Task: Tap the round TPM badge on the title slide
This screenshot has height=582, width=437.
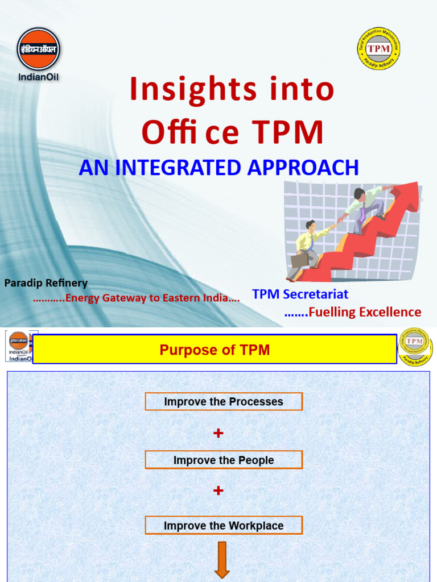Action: pos(378,48)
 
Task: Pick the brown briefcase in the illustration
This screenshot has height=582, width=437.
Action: pos(299,262)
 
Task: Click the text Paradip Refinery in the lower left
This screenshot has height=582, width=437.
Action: pos(46,283)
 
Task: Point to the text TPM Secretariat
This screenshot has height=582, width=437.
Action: pos(300,294)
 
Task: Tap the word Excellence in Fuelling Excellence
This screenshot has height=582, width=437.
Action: pos(389,312)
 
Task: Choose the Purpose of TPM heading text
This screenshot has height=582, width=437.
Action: pos(215,350)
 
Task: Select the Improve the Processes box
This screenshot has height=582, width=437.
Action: pos(224,402)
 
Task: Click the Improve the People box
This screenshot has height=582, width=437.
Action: pos(224,460)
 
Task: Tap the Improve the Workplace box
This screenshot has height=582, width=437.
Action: pos(224,526)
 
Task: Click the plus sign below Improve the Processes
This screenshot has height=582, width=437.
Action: pos(218,433)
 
